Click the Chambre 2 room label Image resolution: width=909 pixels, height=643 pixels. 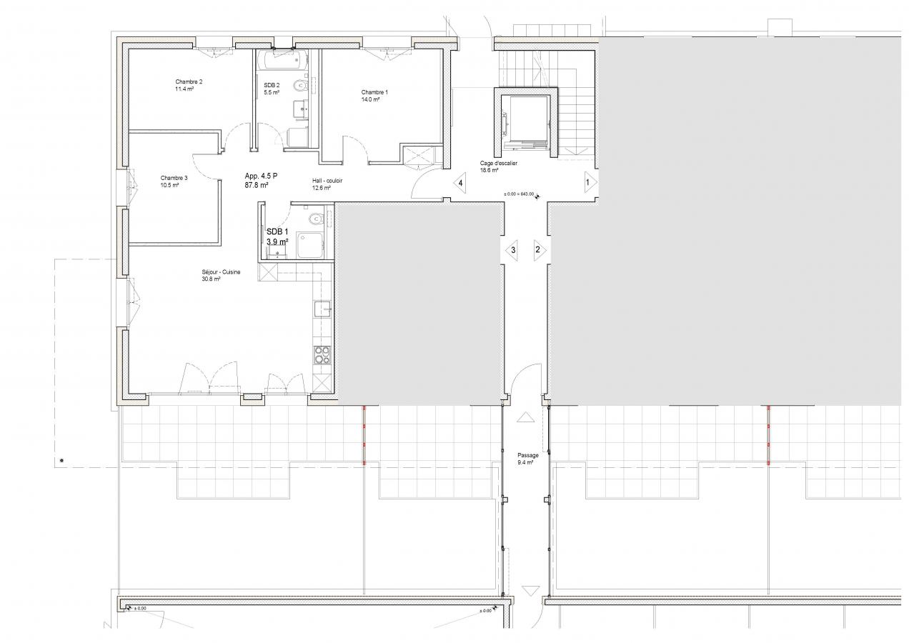coord(189,81)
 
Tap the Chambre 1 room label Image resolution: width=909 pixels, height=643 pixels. coord(374,92)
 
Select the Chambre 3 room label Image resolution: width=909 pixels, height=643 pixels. coord(174,178)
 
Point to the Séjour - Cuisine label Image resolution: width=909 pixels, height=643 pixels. coord(221,271)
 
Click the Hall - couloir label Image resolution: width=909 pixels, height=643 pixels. coord(327,181)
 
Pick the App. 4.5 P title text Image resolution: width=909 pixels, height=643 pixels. coord(261,176)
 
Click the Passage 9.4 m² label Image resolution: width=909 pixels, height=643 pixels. coord(528,459)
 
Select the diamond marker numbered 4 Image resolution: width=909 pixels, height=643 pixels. coord(460,183)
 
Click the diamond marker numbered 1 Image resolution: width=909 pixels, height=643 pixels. coord(590,183)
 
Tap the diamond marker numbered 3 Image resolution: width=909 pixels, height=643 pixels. coord(512,250)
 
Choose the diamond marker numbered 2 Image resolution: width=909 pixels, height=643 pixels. coord(540,249)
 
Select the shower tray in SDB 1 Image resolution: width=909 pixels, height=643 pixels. coord(310,245)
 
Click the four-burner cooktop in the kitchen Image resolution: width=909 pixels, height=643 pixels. coord(322,355)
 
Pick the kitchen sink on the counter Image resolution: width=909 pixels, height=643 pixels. coord(322,309)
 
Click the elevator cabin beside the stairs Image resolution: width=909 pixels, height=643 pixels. coord(525,121)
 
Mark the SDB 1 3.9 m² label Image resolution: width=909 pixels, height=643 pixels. coord(277,236)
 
